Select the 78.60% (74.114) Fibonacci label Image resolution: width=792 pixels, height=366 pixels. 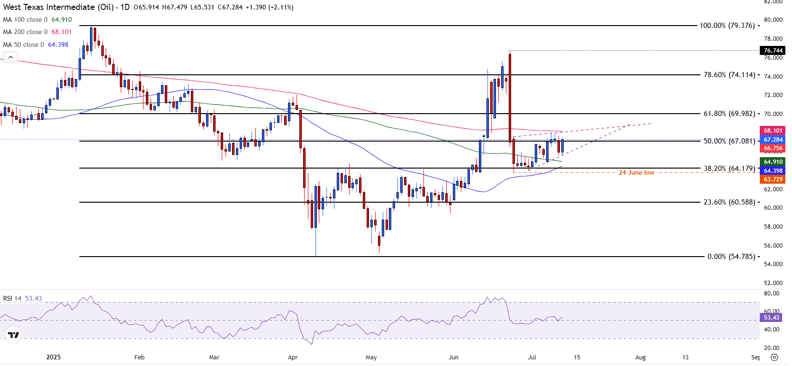(x=729, y=75)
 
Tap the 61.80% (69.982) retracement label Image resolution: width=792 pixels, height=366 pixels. (x=729, y=114)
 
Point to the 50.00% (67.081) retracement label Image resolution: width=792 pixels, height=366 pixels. (x=729, y=141)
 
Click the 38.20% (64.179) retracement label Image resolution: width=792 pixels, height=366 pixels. (x=729, y=168)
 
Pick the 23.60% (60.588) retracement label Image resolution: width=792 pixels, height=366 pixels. (x=729, y=202)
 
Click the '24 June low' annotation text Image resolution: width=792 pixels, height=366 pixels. (x=636, y=173)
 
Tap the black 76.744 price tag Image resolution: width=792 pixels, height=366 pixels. (x=773, y=51)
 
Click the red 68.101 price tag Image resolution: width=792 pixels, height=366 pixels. (x=773, y=130)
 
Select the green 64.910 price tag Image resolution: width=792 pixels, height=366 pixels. (x=773, y=162)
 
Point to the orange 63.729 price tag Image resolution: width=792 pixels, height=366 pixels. (x=773, y=179)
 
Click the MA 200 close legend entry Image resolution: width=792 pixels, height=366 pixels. (x=37, y=32)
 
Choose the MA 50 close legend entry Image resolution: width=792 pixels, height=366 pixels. (x=36, y=45)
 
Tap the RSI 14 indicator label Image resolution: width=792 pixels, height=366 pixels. (x=12, y=299)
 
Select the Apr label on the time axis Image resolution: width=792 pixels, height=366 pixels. (x=293, y=357)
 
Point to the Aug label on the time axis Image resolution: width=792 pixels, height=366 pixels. (x=640, y=357)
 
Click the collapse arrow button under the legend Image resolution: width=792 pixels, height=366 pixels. (x=10, y=57)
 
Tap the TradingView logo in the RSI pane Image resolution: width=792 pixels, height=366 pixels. (x=14, y=335)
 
